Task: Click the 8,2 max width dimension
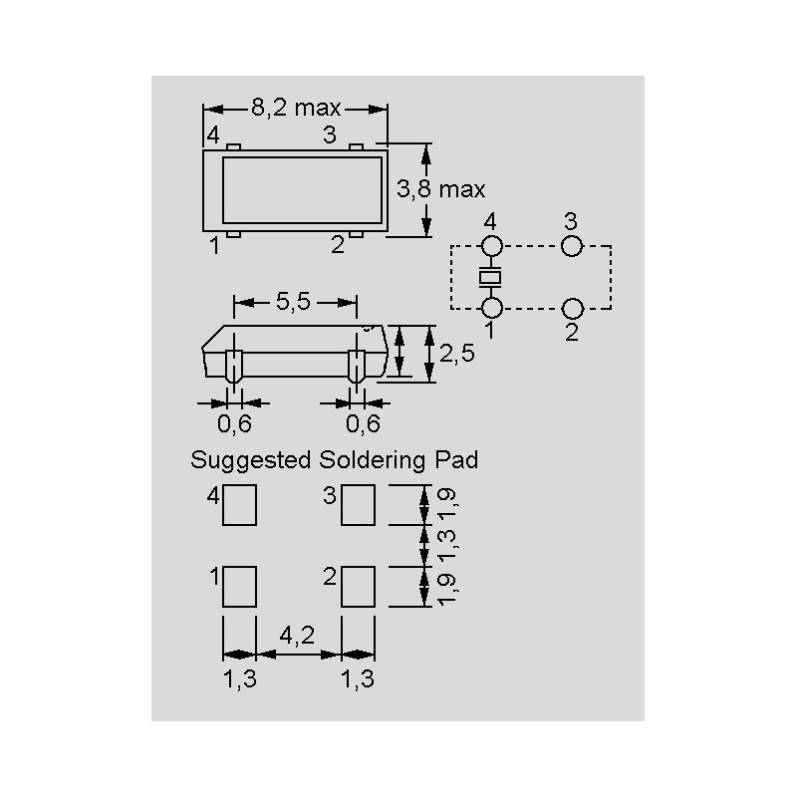coord(295,109)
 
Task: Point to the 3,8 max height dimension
coord(440,188)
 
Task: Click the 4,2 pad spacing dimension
coord(298,636)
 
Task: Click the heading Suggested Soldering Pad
coord(334,460)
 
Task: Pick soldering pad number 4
coord(239,505)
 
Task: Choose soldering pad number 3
coord(358,505)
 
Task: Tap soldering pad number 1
coord(239,587)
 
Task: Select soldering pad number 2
coord(358,587)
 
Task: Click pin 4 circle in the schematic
coord(491,246)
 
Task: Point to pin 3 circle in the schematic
coord(571,246)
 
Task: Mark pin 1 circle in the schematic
coord(491,307)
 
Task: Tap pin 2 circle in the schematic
coord(571,307)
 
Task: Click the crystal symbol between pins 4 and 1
coord(491,276)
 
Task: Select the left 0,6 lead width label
coord(235,424)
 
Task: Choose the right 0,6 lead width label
coord(363,424)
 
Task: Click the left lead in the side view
coord(235,368)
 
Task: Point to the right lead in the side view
coord(357,368)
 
